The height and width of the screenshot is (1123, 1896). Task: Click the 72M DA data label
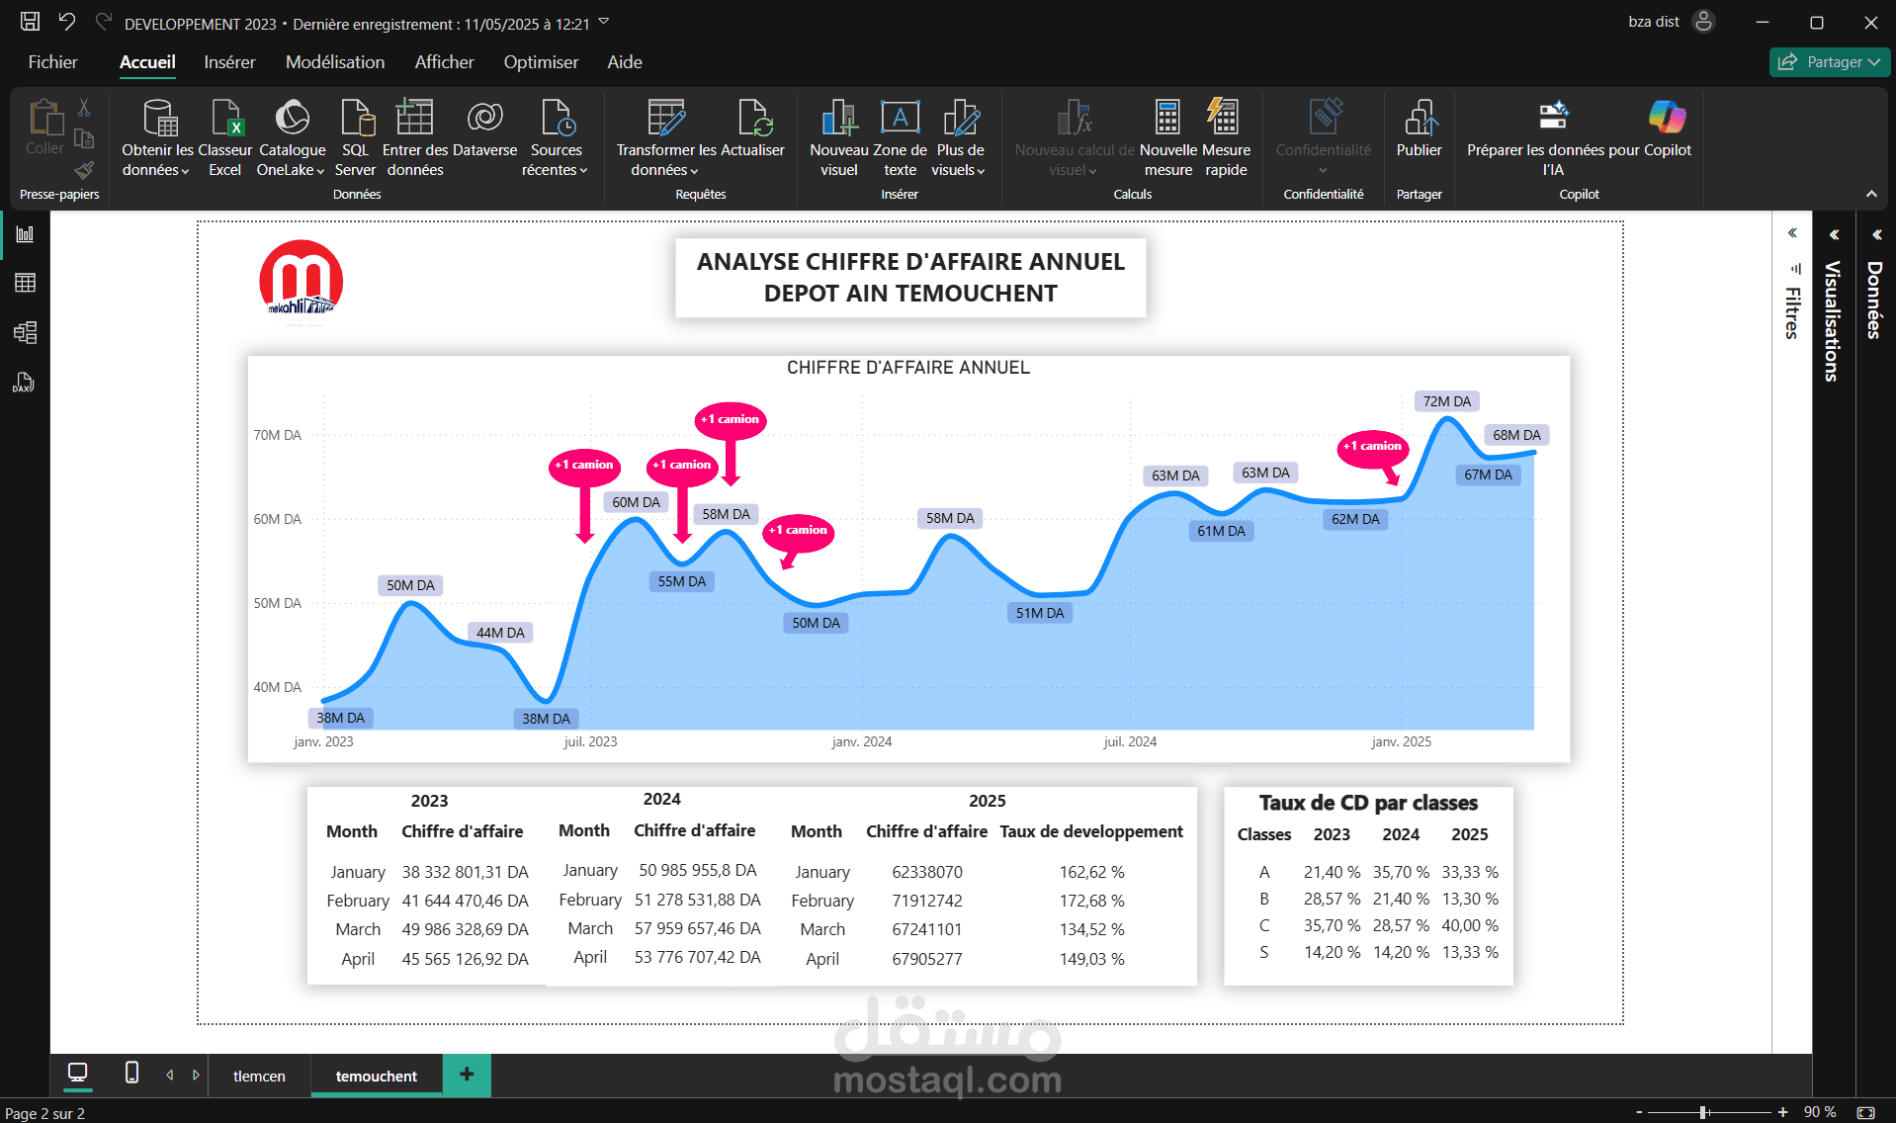[1447, 401]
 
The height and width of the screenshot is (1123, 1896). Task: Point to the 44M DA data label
[500, 633]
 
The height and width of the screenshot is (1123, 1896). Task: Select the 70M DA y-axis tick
[278, 435]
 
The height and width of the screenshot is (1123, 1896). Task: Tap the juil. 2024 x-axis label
[1130, 741]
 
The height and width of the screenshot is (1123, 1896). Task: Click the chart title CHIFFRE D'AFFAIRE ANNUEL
[908, 368]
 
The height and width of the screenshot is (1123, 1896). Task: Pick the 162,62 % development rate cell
[1091, 872]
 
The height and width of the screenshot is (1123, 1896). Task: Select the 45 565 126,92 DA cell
[465, 959]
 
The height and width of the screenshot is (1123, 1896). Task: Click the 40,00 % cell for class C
[1470, 925]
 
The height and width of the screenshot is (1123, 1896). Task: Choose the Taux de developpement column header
[1091, 831]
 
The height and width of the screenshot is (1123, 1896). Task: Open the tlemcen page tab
[259, 1076]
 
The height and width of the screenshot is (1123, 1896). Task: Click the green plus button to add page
[467, 1075]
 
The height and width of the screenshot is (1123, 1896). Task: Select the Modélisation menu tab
[335, 62]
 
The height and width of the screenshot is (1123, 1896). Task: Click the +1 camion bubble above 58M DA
[731, 420]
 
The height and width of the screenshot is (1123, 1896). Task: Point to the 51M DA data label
[1040, 613]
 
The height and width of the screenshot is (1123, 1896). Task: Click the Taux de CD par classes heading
[1368, 803]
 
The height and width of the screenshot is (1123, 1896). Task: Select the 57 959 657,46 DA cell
[698, 928]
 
